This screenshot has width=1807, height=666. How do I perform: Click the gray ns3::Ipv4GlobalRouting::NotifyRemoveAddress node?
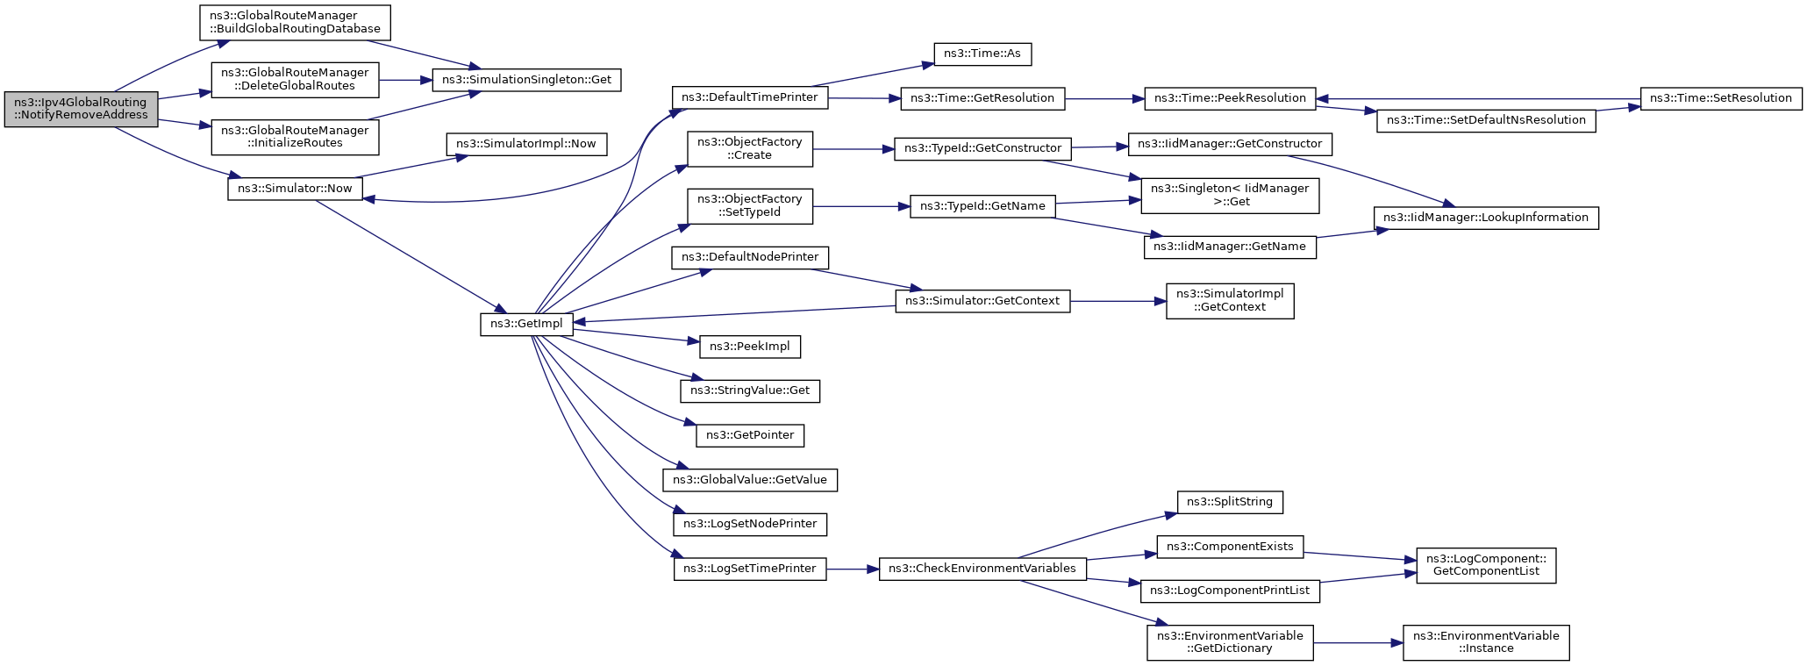[81, 109]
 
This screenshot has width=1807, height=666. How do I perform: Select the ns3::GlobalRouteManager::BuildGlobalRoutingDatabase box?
[295, 22]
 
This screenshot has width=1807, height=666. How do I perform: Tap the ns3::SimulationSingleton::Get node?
[526, 80]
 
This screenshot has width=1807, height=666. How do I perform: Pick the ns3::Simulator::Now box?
[295, 189]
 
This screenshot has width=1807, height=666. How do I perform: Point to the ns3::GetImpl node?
[526, 324]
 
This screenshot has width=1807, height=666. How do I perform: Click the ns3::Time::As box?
[982, 54]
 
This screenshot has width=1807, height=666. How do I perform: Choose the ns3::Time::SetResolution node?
[1720, 98]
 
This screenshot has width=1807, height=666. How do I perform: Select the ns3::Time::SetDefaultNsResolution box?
[1486, 120]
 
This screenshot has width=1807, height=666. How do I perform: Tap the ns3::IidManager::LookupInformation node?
[1485, 218]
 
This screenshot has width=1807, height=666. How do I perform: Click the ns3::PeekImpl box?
[749, 347]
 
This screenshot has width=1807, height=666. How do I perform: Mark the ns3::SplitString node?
[1229, 502]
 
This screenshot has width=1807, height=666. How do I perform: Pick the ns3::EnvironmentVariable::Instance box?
[1485, 642]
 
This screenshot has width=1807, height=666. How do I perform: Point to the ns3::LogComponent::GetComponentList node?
[1485, 565]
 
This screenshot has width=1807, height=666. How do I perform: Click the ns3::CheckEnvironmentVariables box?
[982, 569]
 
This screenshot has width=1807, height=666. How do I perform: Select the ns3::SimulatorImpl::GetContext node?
[1229, 300]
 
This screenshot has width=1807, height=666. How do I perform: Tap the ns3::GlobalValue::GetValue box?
[749, 480]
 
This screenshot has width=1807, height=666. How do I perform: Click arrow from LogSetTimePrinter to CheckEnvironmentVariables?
[852, 569]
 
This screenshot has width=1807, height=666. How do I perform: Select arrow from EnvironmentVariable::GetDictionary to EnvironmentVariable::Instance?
[1358, 642]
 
